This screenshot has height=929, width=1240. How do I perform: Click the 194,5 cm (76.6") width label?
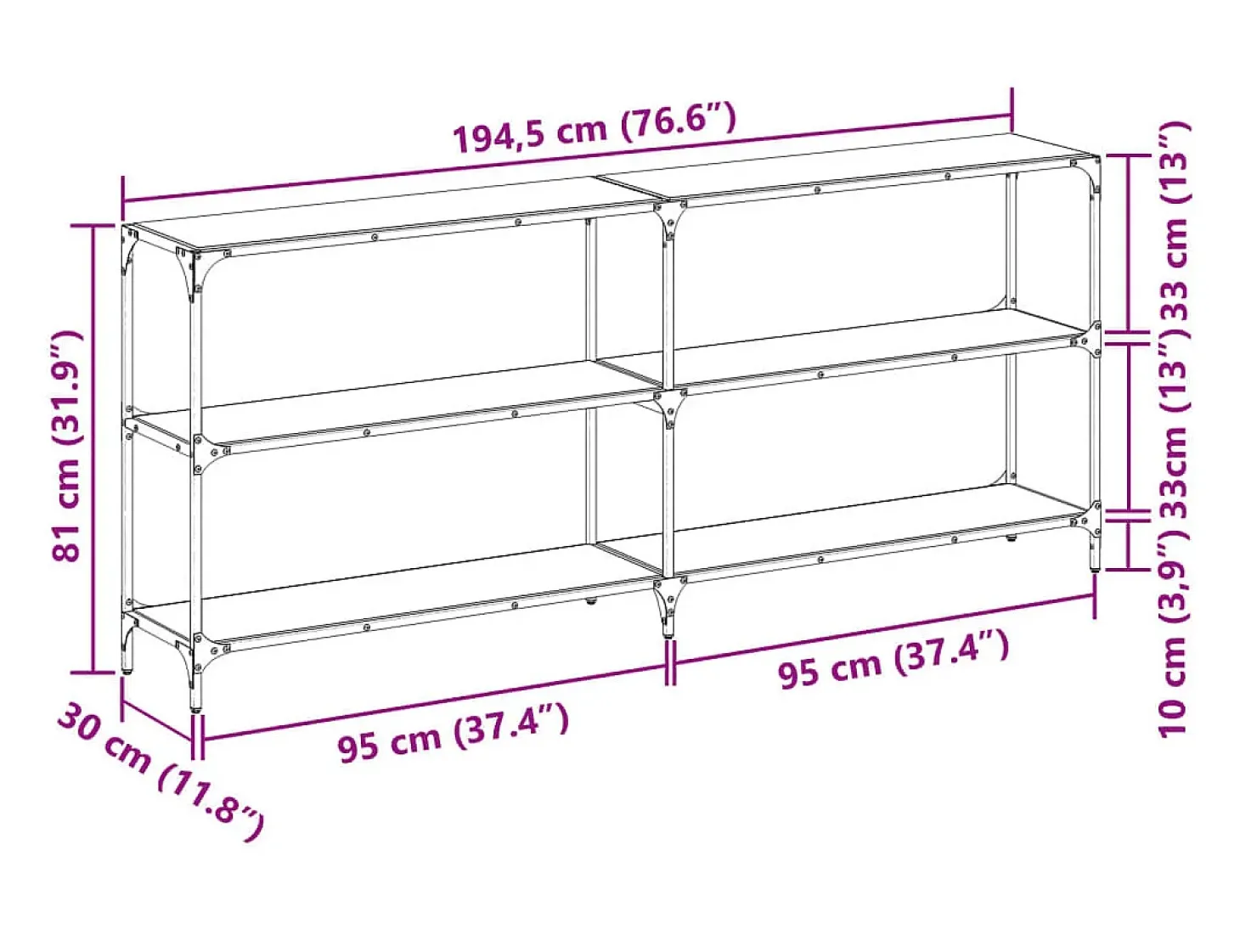[x=595, y=128]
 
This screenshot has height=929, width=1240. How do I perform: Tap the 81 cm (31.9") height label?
[x=67, y=447]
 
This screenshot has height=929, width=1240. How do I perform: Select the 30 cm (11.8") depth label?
[x=160, y=771]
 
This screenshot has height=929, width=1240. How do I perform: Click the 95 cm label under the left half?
[x=453, y=732]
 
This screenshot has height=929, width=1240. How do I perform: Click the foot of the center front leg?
[x=669, y=629]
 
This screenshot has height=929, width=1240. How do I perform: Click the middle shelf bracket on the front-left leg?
[x=208, y=453]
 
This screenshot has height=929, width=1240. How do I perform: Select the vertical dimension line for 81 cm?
[x=93, y=449]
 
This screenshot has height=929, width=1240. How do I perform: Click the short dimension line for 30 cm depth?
[x=158, y=721]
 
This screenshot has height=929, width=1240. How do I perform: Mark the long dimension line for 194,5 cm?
[x=567, y=158]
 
